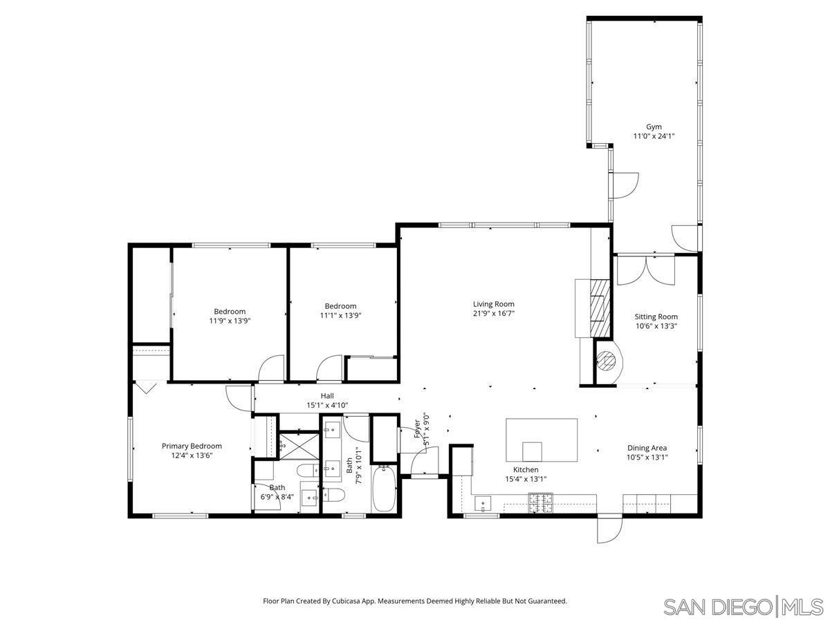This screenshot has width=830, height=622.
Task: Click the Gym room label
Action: coord(654,126)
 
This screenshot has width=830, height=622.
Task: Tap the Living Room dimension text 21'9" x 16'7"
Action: coord(493,314)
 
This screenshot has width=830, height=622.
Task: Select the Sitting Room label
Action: coord(656,317)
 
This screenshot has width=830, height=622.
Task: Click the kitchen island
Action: coord(542,440)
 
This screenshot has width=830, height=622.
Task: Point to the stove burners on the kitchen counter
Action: coord(541,503)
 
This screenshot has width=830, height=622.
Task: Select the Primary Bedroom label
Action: coord(192,446)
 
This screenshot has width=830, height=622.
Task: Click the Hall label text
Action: coord(327,396)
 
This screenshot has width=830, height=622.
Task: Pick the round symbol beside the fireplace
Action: coord(607,360)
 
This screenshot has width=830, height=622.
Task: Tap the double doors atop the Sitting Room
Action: coord(646,271)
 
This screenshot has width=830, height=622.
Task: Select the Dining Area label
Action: coord(647,447)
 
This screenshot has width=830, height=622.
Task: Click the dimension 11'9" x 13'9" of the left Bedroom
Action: coord(229,321)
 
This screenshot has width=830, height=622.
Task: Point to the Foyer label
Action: coord(417,429)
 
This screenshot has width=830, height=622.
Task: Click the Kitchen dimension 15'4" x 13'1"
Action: coord(526,479)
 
